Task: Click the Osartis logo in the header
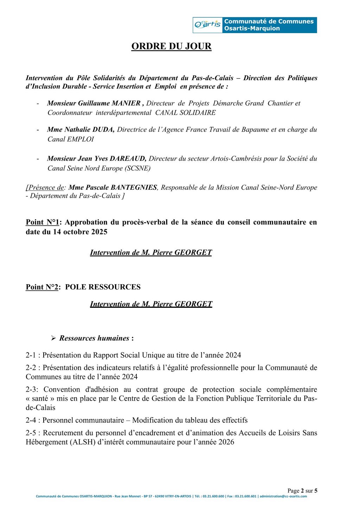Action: (x=207, y=25)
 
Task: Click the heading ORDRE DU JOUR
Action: (x=171, y=46)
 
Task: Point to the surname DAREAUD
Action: (x=128, y=159)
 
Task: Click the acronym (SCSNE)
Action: (x=137, y=168)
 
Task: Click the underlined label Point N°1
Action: (x=42, y=222)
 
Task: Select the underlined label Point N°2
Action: (x=42, y=287)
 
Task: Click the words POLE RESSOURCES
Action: (x=103, y=287)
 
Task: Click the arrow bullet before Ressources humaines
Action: (x=53, y=338)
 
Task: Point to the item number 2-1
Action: (x=31, y=355)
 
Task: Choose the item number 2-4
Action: (x=31, y=420)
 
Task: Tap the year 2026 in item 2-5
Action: (x=226, y=442)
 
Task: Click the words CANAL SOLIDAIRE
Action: (x=185, y=113)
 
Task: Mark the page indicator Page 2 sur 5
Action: (x=302, y=491)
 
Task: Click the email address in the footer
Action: (x=283, y=496)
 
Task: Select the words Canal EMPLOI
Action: (x=71, y=139)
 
